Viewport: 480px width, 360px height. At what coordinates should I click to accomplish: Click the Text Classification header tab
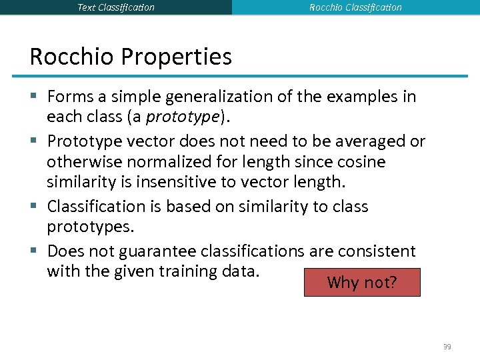[116, 7]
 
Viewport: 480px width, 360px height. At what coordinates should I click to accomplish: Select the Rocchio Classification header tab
[355, 7]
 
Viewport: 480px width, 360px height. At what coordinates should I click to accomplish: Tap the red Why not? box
[362, 282]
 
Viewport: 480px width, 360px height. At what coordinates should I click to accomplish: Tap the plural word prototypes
[90, 227]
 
